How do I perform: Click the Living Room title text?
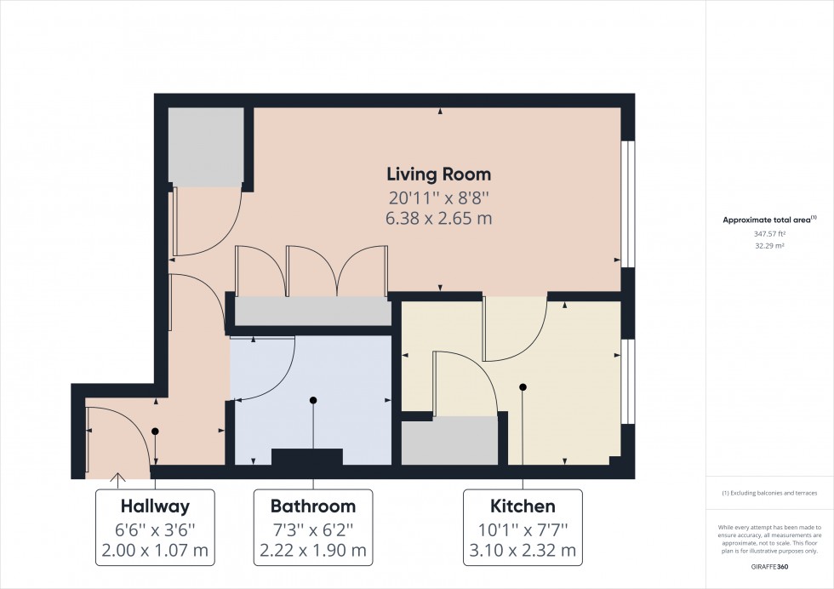pyautogui.click(x=438, y=174)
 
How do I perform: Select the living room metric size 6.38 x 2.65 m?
pyautogui.click(x=438, y=219)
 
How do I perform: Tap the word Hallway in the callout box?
pyautogui.click(x=155, y=506)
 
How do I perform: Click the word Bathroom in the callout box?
pyautogui.click(x=312, y=506)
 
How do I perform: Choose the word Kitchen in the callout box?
pyautogui.click(x=522, y=506)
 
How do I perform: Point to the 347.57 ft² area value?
pyautogui.click(x=769, y=232)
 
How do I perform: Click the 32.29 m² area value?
pyautogui.click(x=769, y=244)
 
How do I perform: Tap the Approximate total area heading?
pyautogui.click(x=768, y=220)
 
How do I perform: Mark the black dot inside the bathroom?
pyautogui.click(x=313, y=400)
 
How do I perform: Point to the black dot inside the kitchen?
pyautogui.click(x=523, y=387)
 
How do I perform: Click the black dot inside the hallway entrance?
pyautogui.click(x=155, y=432)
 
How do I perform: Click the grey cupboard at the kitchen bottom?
pyautogui.click(x=449, y=441)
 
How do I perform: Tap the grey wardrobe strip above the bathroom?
pyautogui.click(x=311, y=311)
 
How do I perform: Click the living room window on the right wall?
pyautogui.click(x=628, y=203)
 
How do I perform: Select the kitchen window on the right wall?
pyautogui.click(x=628, y=380)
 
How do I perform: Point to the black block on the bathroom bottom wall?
pyautogui.click(x=306, y=457)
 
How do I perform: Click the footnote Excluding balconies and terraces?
pyautogui.click(x=769, y=494)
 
